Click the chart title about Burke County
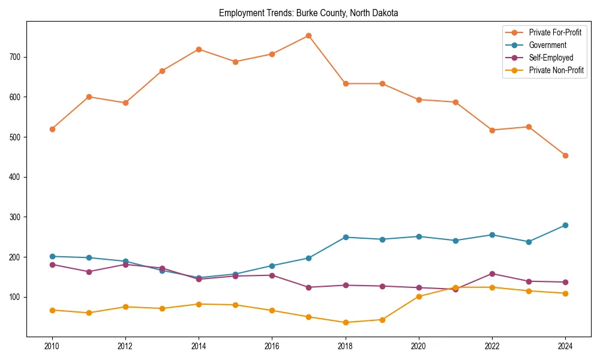pyautogui.click(x=308, y=13)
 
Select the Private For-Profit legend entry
pyautogui.click(x=555, y=32)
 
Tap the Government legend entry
pyautogui.click(x=547, y=45)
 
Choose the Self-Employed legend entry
pyautogui.click(x=551, y=58)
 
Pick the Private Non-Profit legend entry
pyautogui.click(x=556, y=71)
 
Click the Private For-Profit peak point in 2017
pyautogui.click(x=308, y=35)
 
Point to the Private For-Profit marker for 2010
pyautogui.click(x=52, y=129)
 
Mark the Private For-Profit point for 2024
pyautogui.click(x=565, y=155)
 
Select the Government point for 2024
pyautogui.click(x=565, y=225)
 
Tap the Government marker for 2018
pyautogui.click(x=345, y=237)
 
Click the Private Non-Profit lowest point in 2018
pyautogui.click(x=345, y=322)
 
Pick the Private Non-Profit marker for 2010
pyautogui.click(x=52, y=310)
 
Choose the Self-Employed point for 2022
pyautogui.click(x=491, y=274)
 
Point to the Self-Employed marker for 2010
pyautogui.click(x=52, y=265)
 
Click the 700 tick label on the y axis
pyautogui.click(x=16, y=57)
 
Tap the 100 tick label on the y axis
pyautogui.click(x=16, y=297)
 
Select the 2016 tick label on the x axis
pyautogui.click(x=272, y=346)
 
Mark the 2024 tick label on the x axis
pyautogui.click(x=565, y=346)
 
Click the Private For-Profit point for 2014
pyautogui.click(x=199, y=49)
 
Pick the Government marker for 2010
pyautogui.click(x=52, y=256)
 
